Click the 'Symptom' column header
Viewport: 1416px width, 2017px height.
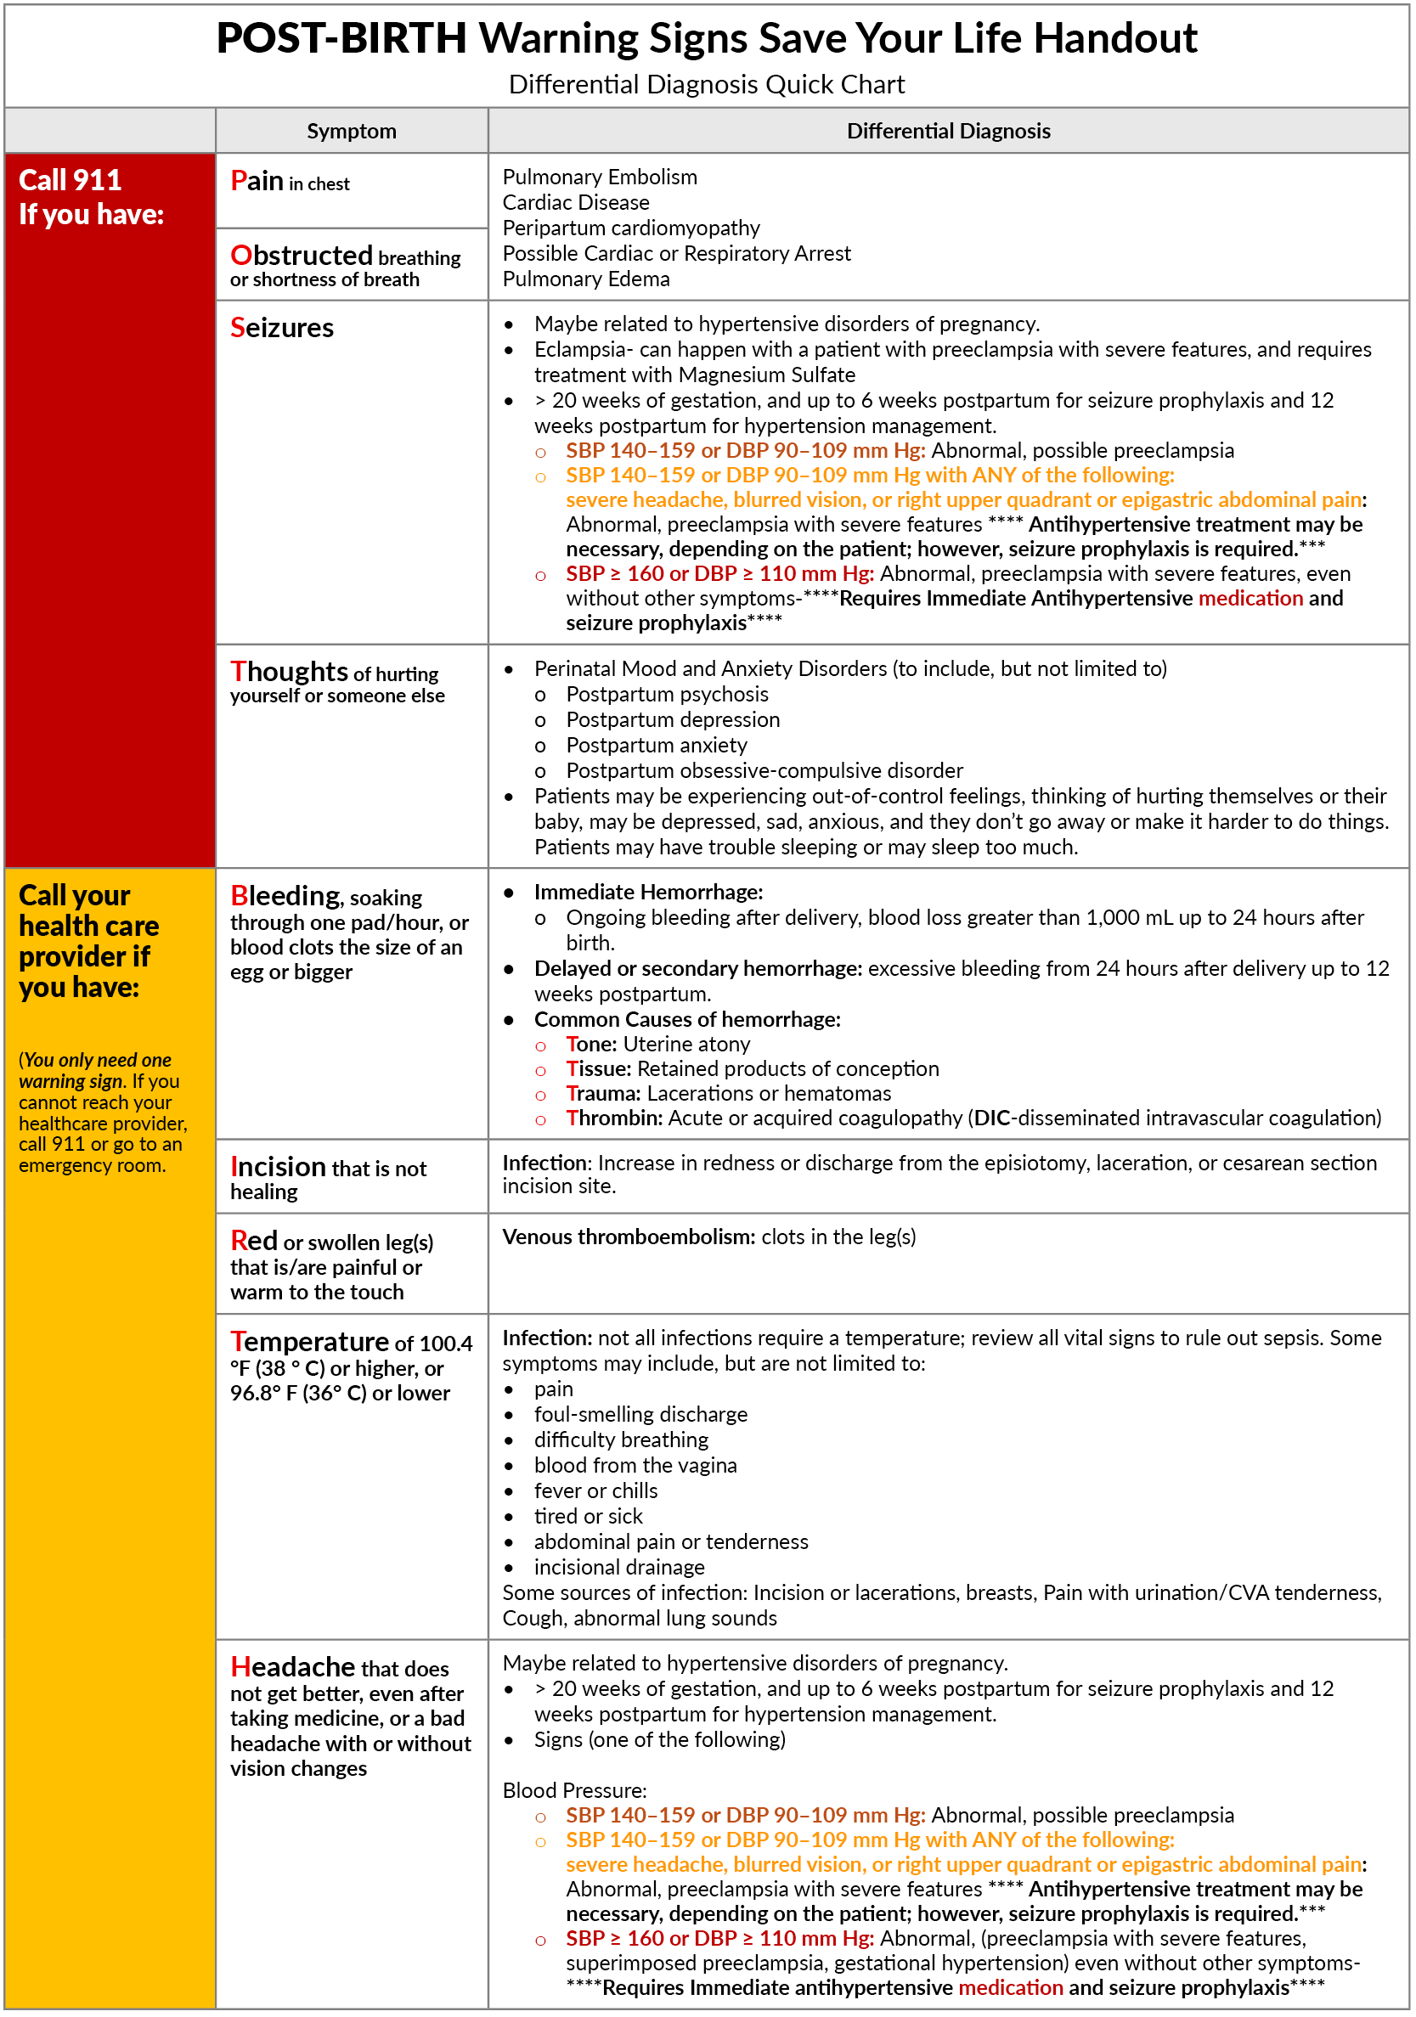click(352, 131)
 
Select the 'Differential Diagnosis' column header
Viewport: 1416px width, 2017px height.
click(948, 131)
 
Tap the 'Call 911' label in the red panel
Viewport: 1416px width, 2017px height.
click(71, 180)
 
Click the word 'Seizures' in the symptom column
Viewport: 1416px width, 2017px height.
click(282, 328)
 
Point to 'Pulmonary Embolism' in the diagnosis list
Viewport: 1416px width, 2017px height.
click(600, 177)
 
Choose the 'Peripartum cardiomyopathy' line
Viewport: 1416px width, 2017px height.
click(630, 228)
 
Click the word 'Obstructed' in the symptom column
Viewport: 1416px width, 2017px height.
click(302, 256)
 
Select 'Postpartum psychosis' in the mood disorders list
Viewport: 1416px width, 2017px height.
click(667, 695)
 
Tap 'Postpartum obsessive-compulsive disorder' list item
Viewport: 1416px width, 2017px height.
click(764, 771)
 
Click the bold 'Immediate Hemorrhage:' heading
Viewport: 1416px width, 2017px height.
click(648, 893)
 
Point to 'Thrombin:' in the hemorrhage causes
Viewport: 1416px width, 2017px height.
click(614, 1118)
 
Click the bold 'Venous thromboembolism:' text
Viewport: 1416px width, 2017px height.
click(628, 1237)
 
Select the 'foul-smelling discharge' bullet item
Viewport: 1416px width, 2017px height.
click(640, 1414)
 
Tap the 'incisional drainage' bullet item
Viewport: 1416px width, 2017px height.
click(619, 1567)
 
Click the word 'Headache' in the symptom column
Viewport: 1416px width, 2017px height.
click(292, 1666)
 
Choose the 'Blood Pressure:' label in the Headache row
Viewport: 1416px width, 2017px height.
click(574, 1790)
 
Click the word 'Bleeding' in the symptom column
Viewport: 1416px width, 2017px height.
click(285, 896)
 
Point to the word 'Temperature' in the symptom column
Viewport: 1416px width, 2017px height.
click(309, 1343)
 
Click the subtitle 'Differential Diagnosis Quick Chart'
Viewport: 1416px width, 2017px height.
click(706, 84)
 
